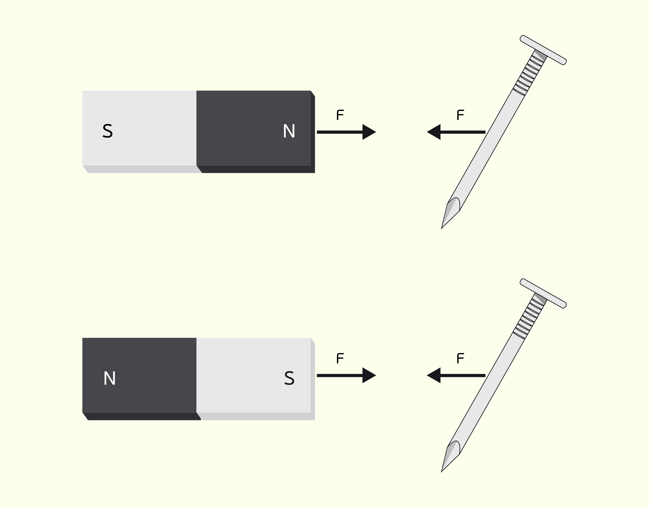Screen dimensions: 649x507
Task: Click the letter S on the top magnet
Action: click(108, 131)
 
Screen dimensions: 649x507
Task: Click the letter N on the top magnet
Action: click(289, 131)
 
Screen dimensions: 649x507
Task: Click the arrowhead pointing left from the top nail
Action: click(434, 132)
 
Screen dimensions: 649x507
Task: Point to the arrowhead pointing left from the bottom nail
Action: click(434, 375)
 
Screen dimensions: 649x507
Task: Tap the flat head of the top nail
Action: click(543, 50)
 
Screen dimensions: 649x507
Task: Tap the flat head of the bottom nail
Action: click(543, 293)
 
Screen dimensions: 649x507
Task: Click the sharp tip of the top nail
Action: click(442, 228)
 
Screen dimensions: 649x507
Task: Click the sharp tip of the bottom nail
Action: click(442, 472)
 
